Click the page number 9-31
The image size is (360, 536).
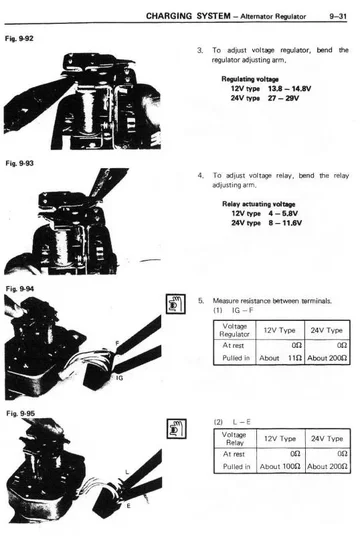[x=338, y=16]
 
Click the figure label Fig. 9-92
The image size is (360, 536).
[x=19, y=39]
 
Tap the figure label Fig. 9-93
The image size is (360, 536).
[x=19, y=163]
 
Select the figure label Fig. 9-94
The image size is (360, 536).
[x=20, y=289]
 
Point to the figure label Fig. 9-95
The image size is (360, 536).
[x=21, y=414]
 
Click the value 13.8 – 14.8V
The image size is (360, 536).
[x=289, y=89]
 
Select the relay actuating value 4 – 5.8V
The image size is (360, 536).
[x=283, y=214]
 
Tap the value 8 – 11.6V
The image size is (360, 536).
[x=285, y=223]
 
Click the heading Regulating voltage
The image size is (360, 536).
[x=250, y=79]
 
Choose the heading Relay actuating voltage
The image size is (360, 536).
[x=258, y=204]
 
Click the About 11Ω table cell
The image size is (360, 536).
[x=280, y=358]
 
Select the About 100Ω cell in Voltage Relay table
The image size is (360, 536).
[x=280, y=467]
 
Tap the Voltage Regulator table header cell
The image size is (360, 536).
[x=235, y=330]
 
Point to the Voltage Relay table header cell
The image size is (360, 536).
[x=235, y=439]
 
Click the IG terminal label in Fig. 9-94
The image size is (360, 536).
[x=119, y=378]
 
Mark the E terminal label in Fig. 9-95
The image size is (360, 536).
[x=128, y=506]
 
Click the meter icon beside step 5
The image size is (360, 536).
[x=176, y=304]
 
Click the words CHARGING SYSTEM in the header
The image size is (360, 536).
[x=188, y=16]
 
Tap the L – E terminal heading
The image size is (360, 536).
[x=241, y=422]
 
